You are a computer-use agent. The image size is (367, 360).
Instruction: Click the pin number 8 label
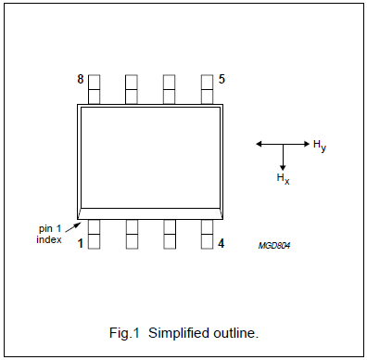(81, 80)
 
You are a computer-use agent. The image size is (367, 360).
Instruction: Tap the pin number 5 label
(221, 80)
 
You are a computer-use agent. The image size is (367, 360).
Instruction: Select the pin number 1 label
(81, 244)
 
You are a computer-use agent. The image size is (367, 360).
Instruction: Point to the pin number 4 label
(221, 244)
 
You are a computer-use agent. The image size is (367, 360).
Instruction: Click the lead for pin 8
(94, 89)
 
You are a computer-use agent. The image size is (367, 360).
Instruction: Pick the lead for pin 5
(208, 89)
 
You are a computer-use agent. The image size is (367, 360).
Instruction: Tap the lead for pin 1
(94, 234)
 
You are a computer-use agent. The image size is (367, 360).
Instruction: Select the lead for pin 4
(208, 234)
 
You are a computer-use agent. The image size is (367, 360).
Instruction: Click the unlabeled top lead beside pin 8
(132, 89)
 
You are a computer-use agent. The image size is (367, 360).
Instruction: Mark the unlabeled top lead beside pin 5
(170, 89)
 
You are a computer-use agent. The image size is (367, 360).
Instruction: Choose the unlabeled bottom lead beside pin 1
(132, 234)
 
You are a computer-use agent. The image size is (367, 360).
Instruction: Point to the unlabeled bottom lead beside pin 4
(170, 234)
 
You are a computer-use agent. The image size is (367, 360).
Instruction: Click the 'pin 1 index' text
(49, 234)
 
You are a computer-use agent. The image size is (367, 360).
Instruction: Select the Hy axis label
(319, 145)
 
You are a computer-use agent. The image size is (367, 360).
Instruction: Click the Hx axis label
(283, 177)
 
